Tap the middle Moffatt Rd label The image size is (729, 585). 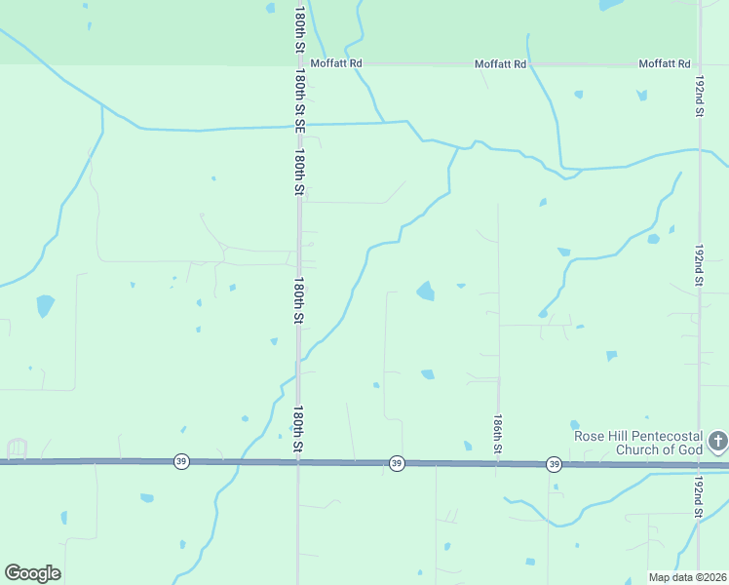500,63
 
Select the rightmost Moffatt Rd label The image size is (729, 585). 664,63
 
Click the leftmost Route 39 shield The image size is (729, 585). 181,461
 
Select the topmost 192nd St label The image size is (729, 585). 699,95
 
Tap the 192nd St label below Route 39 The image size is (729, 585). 699,499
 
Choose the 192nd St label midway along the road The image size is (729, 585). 699,265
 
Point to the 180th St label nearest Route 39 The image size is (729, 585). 299,429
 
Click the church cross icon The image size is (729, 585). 717,442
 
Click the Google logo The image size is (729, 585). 32,573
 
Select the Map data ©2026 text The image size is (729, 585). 687,577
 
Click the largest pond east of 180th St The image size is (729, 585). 426,291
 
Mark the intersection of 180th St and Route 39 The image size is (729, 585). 298,462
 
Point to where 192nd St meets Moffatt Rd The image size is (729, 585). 700,64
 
